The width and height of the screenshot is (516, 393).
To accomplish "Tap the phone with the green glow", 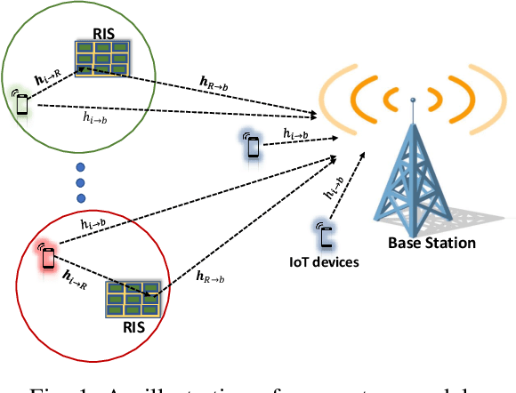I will tap(22, 101).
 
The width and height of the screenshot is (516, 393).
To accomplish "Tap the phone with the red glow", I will tap(47, 256).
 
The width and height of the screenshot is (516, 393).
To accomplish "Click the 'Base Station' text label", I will tap(431, 243).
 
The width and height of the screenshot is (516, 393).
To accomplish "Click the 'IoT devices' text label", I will tap(327, 262).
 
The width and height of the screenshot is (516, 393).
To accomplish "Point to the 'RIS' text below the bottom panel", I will tap(133, 326).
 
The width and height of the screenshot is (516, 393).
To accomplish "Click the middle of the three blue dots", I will tap(81, 182).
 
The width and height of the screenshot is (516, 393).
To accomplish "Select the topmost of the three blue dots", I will tap(81, 167).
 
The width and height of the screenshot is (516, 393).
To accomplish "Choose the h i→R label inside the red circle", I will tap(75, 283).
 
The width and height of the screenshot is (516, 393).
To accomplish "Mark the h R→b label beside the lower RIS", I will tap(213, 277).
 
